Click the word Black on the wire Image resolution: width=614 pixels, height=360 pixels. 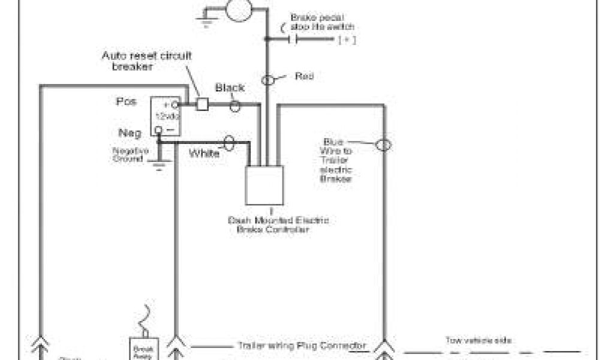coord(230,88)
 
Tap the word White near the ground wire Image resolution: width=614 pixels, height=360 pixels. coord(204,154)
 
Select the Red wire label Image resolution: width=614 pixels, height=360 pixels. coord(304,76)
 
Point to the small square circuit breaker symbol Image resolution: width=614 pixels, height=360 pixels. coord(203,104)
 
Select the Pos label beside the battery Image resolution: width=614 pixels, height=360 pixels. coord(126,103)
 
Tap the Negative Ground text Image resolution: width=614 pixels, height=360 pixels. coord(130,155)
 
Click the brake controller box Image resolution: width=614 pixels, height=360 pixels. coord(264,185)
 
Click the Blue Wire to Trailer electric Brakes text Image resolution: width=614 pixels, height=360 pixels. coord(337,160)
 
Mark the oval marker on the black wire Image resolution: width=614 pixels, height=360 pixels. coord(236,106)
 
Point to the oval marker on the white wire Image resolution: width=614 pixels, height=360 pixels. coord(228,143)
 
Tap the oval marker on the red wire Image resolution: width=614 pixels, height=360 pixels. coord(269,79)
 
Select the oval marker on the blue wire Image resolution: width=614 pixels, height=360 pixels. coord(383,145)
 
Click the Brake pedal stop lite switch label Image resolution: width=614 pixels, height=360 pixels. coord(322,22)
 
